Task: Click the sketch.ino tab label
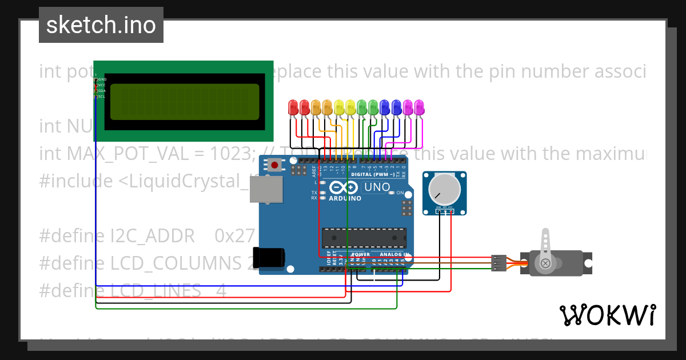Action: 101,25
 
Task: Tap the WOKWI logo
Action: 607,315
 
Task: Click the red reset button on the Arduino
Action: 275,166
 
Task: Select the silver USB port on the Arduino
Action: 266,189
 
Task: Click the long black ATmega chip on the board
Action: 364,238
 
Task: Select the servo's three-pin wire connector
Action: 498,263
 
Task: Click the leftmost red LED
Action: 293,107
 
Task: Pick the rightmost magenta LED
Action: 419,107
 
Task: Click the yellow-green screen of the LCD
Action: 184,102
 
